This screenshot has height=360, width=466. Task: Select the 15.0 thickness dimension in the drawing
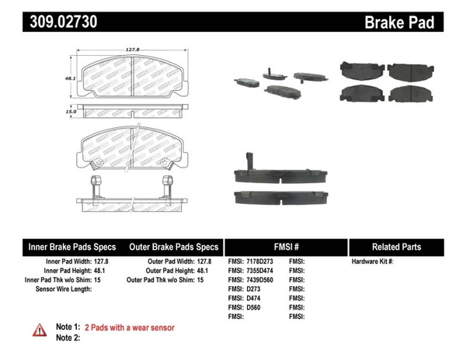pos(71,112)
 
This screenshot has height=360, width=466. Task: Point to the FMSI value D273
pos(254,289)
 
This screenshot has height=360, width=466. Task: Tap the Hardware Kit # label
pos(373,261)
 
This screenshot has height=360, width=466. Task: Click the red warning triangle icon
pos(39,331)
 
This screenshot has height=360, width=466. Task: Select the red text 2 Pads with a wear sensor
pos(129,328)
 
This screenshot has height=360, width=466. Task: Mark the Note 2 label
pos(68,338)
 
